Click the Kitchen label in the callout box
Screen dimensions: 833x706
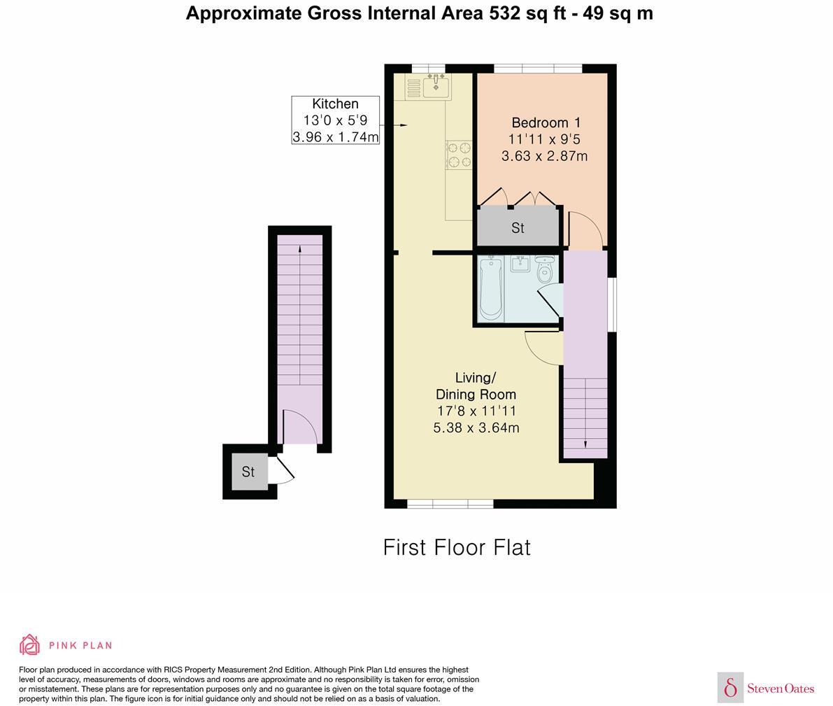pyautogui.click(x=335, y=104)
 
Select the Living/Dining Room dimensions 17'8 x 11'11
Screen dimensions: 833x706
pyautogui.click(x=476, y=411)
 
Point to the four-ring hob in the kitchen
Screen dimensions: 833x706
pyautogui.click(x=459, y=154)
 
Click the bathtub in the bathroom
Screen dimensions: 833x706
pyautogui.click(x=491, y=289)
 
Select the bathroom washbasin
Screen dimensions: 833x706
pyautogui.click(x=520, y=264)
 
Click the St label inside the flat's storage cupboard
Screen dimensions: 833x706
pyautogui.click(x=518, y=228)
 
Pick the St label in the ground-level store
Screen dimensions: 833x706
pyautogui.click(x=248, y=472)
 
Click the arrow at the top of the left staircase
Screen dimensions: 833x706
pyautogui.click(x=300, y=248)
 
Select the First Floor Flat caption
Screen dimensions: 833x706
pyautogui.click(x=457, y=548)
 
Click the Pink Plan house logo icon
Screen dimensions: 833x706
pyautogui.click(x=30, y=645)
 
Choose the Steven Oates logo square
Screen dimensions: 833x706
pyautogui.click(x=730, y=687)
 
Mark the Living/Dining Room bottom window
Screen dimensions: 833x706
pyautogui.click(x=450, y=504)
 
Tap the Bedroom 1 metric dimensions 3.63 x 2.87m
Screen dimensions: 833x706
pyautogui.click(x=545, y=156)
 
